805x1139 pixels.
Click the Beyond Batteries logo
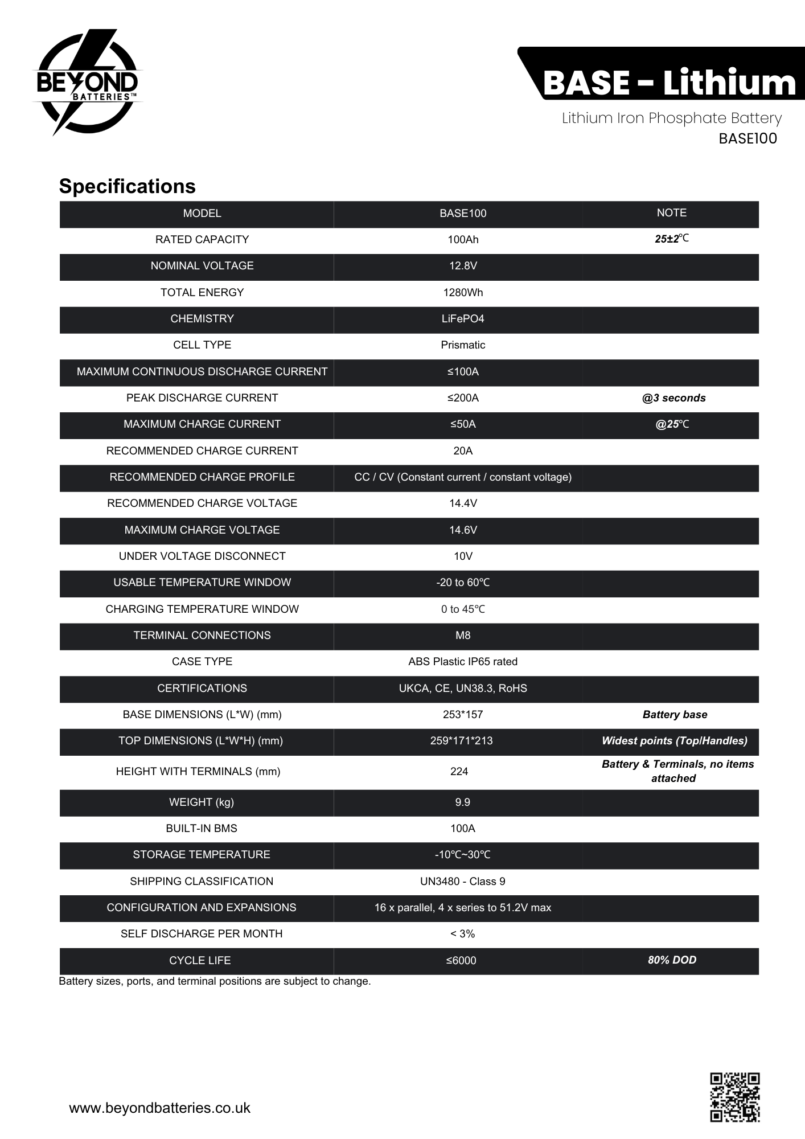(x=87, y=83)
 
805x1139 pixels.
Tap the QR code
(x=734, y=1097)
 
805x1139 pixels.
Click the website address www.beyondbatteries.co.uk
(x=159, y=1108)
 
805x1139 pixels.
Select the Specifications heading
(x=127, y=186)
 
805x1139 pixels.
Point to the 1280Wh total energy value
(x=463, y=293)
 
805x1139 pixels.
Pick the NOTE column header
(x=671, y=213)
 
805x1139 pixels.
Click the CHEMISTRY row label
(x=202, y=319)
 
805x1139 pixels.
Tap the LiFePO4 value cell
(x=463, y=319)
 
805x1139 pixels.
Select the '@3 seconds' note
(x=673, y=398)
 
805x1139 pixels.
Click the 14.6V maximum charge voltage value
(x=463, y=530)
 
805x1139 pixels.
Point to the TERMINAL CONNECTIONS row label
(x=202, y=636)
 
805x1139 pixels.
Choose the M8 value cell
(x=463, y=636)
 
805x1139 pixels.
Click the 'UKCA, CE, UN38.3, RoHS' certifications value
(x=463, y=689)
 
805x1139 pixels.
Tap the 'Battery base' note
(x=675, y=715)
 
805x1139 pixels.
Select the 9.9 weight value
(x=462, y=802)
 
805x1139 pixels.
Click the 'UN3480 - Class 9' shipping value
(x=462, y=882)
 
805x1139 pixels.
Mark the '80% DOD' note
(x=672, y=960)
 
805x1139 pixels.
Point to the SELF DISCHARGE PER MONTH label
(x=202, y=934)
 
